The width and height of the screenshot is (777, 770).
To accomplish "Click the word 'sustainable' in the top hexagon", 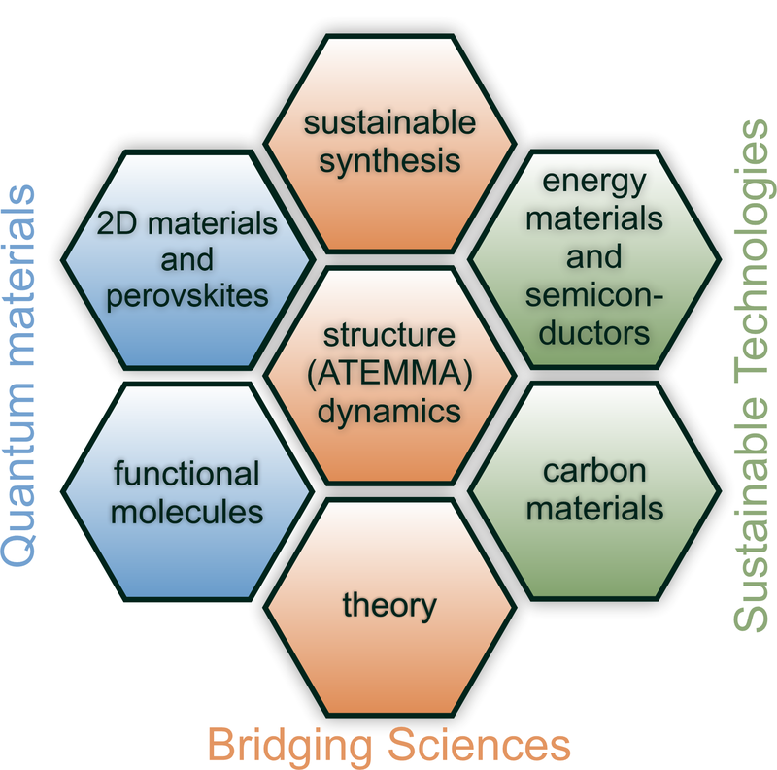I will [389, 123].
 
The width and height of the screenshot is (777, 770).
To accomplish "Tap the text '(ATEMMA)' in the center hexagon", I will [389, 373].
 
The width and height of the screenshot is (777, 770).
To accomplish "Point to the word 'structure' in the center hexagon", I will [389, 337].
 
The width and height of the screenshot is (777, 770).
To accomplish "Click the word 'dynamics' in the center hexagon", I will [389, 410].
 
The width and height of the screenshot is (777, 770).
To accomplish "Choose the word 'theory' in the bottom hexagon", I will [389, 605].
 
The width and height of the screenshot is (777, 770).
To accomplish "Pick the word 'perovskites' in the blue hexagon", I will [188, 295].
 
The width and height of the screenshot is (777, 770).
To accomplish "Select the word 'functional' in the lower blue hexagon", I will [187, 475].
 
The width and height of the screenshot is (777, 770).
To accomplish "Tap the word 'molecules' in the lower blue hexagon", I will [187, 511].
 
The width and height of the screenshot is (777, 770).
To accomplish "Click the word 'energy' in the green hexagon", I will [594, 181].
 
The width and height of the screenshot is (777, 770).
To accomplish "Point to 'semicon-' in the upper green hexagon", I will [594, 295].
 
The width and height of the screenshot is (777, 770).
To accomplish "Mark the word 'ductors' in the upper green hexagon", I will [594, 331].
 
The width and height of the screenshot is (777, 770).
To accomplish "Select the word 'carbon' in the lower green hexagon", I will [594, 471].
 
